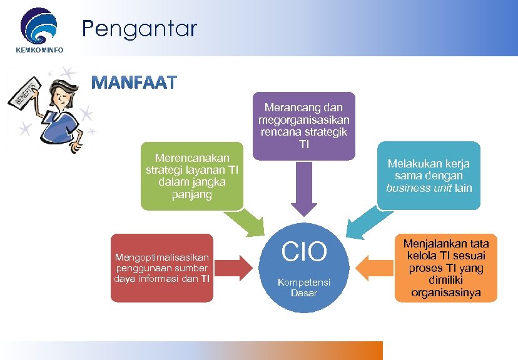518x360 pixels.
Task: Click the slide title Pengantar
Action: [x=139, y=28]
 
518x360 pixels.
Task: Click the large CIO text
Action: [x=304, y=252]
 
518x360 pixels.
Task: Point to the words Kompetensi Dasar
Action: [x=303, y=287]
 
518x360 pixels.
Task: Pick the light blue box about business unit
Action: [x=429, y=176]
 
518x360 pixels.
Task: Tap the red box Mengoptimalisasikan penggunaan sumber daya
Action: [x=162, y=267]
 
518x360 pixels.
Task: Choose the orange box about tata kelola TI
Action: [x=446, y=267]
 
